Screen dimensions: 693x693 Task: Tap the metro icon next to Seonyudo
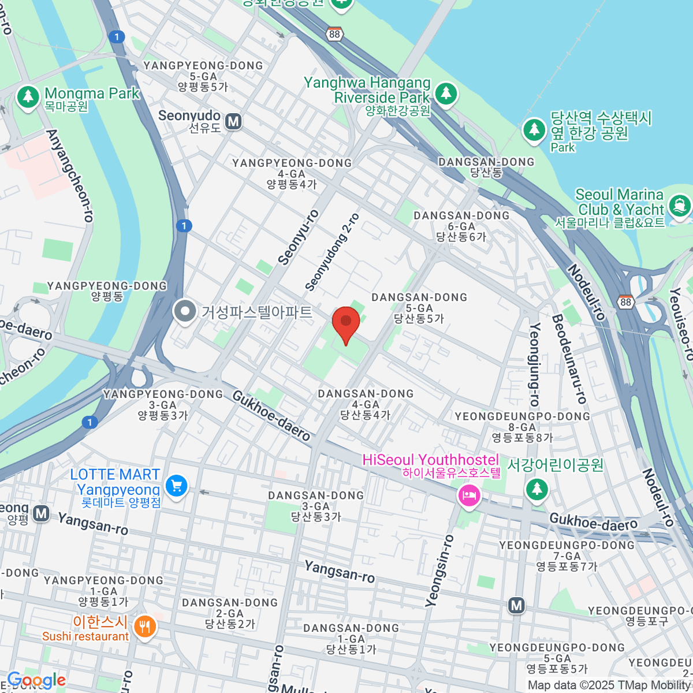(233, 121)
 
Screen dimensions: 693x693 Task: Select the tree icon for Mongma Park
(28, 96)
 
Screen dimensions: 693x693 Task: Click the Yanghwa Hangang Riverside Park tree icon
(445, 93)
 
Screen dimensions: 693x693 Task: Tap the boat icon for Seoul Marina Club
(679, 205)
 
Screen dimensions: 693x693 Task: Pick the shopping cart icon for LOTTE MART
(176, 486)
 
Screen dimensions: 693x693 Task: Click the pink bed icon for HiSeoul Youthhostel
(469, 495)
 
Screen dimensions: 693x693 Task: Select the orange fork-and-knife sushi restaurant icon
(144, 626)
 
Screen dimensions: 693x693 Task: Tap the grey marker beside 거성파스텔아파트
(185, 312)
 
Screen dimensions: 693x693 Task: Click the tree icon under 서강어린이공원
(537, 489)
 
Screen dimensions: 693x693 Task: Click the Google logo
(36, 680)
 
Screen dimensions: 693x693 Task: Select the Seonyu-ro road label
(298, 237)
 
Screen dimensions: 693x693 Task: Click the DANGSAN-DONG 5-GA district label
(419, 307)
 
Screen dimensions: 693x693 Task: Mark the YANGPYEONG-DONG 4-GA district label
(292, 173)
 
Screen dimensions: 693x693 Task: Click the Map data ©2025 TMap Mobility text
(610, 685)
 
